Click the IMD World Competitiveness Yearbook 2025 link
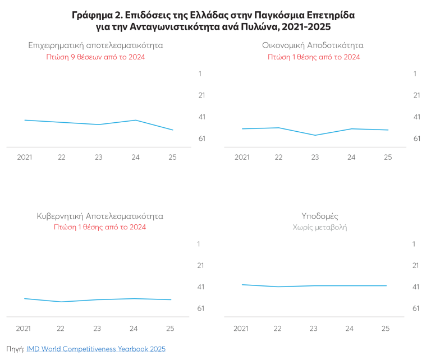tap(96, 349)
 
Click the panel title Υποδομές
tap(320, 216)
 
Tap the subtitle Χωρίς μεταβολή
tap(320, 227)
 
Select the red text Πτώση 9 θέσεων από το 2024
tap(95, 57)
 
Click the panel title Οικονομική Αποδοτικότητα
tap(313, 45)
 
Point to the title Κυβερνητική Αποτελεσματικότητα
tap(100, 216)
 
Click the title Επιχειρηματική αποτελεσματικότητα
tap(95, 45)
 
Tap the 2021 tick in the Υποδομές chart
tap(241, 329)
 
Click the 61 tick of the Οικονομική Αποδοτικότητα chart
tap(417, 139)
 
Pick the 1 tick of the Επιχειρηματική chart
tap(200, 73)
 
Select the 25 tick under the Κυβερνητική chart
tap(170, 329)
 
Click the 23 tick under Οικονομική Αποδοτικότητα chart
tap(315, 158)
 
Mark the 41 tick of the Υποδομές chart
tap(416, 287)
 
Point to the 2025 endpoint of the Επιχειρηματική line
tap(173, 130)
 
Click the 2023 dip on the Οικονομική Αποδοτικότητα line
tap(315, 135)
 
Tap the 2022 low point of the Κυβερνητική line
tap(61, 302)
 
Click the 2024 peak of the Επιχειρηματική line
tap(135, 120)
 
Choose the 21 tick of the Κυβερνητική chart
tap(201, 266)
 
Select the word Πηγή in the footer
tap(15, 349)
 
